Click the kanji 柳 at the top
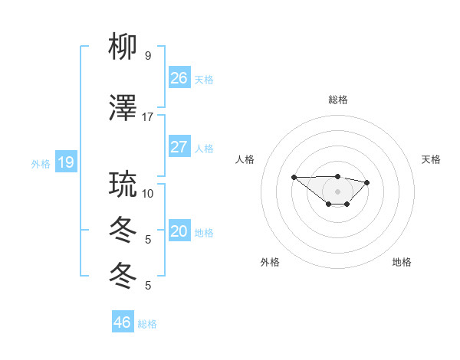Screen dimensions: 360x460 click(x=123, y=47)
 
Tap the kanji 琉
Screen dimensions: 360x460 click(x=123, y=185)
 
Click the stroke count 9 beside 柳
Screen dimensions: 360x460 click(x=148, y=56)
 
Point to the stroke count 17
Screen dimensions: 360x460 click(x=148, y=117)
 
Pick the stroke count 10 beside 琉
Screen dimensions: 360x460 click(x=148, y=193)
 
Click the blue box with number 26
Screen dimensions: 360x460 click(x=179, y=78)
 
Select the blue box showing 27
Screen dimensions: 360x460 click(x=179, y=147)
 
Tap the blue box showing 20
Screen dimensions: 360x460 click(x=179, y=231)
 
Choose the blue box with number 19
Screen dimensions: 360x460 click(x=65, y=162)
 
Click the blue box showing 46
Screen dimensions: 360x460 click(x=122, y=322)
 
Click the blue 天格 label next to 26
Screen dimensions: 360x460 click(x=203, y=79)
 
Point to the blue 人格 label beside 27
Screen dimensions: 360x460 click(x=203, y=148)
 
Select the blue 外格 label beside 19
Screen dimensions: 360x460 click(x=41, y=163)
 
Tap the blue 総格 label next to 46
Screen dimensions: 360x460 click(x=147, y=323)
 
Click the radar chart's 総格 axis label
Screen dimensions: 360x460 click(x=337, y=100)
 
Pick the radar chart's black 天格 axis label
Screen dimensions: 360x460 click(x=431, y=159)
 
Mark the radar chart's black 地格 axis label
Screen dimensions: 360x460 click(x=402, y=262)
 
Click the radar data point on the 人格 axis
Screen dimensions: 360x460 click(x=294, y=177)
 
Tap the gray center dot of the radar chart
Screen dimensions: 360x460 click(x=337, y=191)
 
